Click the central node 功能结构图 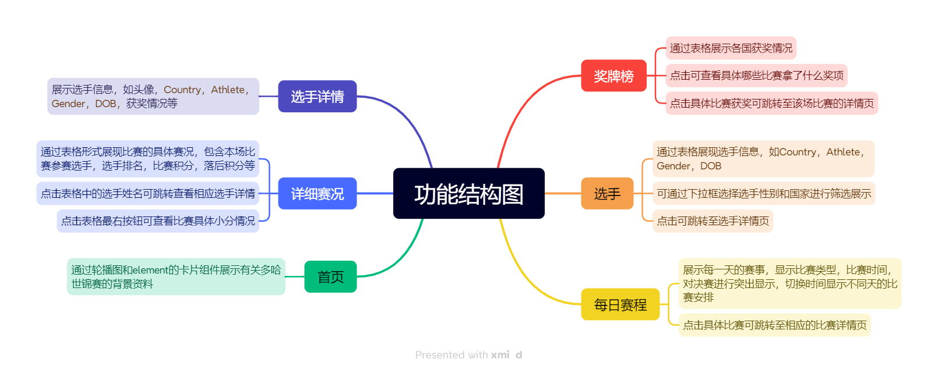coord(468,194)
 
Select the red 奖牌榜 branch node coord(613,76)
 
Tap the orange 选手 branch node coord(607,193)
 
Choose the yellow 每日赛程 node coord(620,304)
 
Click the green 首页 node coord(330,276)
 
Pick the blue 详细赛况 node coord(317,193)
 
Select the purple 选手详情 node coord(317,97)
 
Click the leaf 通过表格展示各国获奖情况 coord(731,48)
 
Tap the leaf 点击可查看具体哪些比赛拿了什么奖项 coord(756,76)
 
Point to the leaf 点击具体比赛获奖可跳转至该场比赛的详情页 coord(771,104)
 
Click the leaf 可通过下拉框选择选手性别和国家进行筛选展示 coord(763,194)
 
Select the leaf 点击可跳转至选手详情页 coord(713,221)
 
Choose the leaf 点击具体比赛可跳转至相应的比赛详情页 coord(774,325)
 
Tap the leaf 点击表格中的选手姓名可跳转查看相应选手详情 coord(148,194)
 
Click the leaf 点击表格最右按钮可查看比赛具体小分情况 coord(158,221)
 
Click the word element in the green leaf coord(150,270)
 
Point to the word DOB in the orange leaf coord(711,166)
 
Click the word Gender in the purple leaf coord(68,104)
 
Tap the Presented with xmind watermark coord(468,355)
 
